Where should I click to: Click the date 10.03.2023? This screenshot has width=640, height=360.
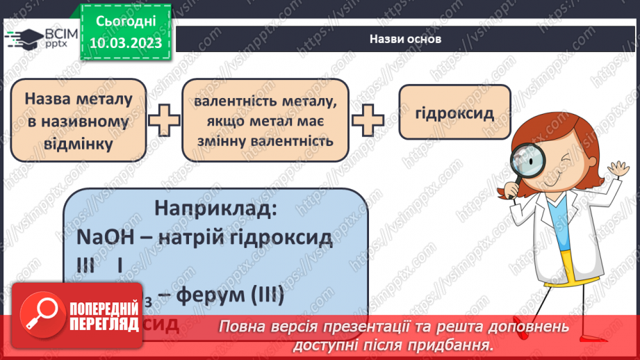pyautogui.click(x=126, y=43)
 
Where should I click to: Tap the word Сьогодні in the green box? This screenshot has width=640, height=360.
pyautogui.click(x=126, y=22)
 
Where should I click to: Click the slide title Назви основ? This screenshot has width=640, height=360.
pyautogui.click(x=405, y=39)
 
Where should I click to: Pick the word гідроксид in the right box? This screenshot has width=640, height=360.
pyautogui.click(x=455, y=113)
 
